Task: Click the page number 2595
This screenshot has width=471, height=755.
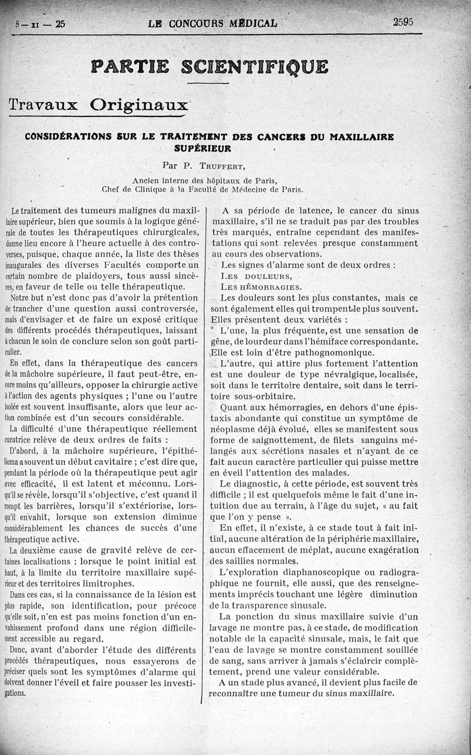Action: point(403,22)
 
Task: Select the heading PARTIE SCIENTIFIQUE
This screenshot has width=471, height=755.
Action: point(209,66)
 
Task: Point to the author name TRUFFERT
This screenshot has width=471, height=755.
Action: point(207,167)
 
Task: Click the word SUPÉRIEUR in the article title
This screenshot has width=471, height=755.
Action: point(203,148)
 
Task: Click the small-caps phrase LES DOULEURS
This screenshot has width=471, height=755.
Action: point(256,275)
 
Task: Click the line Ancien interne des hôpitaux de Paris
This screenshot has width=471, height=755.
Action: point(204,180)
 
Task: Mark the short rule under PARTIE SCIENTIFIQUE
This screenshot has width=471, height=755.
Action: point(208,83)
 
